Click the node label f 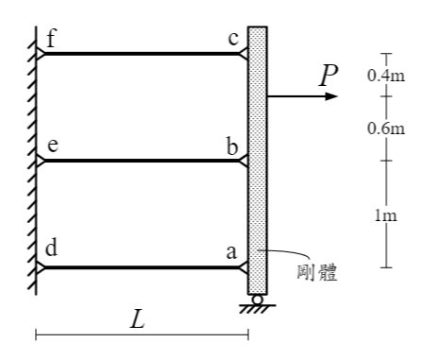pyautogui.click(x=51, y=39)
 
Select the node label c pyautogui.click(x=233, y=39)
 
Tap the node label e pyautogui.click(x=53, y=146)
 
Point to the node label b pyautogui.click(x=232, y=146)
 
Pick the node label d pyautogui.click(x=52, y=249)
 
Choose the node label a pyautogui.click(x=231, y=252)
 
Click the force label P pyautogui.click(x=329, y=76)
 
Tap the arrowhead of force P pyautogui.click(x=331, y=96)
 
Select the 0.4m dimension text pyautogui.click(x=386, y=76)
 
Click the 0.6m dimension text pyautogui.click(x=386, y=129)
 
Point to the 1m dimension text pyautogui.click(x=386, y=215)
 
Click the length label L pyautogui.click(x=138, y=319)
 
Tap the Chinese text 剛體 pyautogui.click(x=317, y=273)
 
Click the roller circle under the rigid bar pyautogui.click(x=258, y=300)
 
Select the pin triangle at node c pyautogui.click(x=244, y=54)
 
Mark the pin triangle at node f pyautogui.click(x=41, y=54)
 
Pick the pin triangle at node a pyautogui.click(x=244, y=267)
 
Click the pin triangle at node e pyautogui.click(x=41, y=161)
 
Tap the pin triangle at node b pyautogui.click(x=244, y=161)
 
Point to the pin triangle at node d pyautogui.click(x=41, y=267)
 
